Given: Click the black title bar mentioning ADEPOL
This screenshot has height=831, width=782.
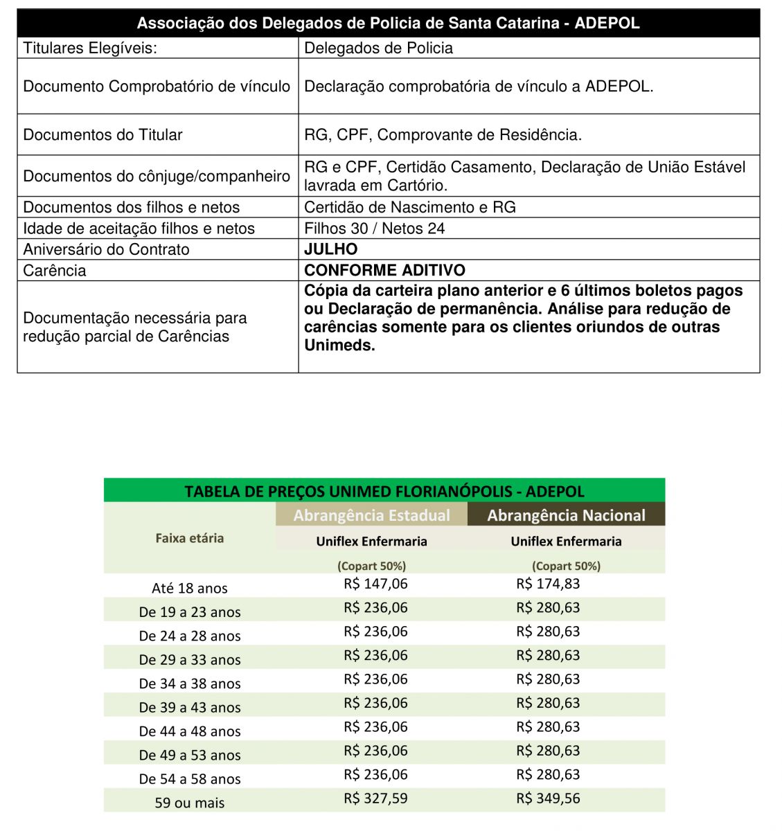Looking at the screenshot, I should point(388,23).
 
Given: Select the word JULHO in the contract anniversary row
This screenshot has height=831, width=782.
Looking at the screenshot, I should point(331,249).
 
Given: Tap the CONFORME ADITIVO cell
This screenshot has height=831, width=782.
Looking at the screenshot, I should point(384,270).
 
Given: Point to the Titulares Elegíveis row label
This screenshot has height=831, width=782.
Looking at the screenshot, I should point(90,48).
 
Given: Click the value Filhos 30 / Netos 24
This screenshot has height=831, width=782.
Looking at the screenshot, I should point(374,229).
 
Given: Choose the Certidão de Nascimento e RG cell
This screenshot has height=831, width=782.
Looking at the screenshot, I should point(409,207).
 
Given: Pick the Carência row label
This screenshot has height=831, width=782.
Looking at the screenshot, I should point(55,270).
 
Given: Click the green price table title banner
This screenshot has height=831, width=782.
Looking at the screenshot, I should point(384,491).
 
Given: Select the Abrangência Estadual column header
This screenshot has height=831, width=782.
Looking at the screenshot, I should point(371,515).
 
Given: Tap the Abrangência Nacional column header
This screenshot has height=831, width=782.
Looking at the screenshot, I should point(566,515).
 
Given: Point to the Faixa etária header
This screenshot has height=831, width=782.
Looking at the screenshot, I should point(189,538).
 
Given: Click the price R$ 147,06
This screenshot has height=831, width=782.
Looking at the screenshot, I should point(375,584).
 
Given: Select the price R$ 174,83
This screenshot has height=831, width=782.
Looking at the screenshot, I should point(548,584).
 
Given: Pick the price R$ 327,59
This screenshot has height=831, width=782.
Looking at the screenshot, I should point(375,798).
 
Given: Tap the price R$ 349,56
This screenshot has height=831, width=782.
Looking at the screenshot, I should point(548,798).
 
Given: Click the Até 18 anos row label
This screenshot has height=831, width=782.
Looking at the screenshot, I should point(189,589).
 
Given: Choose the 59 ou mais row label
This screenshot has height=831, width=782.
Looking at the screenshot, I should point(189,803).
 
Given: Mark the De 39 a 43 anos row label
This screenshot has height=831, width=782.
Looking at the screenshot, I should point(189,708).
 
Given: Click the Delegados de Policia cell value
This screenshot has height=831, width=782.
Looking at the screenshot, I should point(378,48).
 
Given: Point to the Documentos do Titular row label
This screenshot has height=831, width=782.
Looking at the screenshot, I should point(103,134).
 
